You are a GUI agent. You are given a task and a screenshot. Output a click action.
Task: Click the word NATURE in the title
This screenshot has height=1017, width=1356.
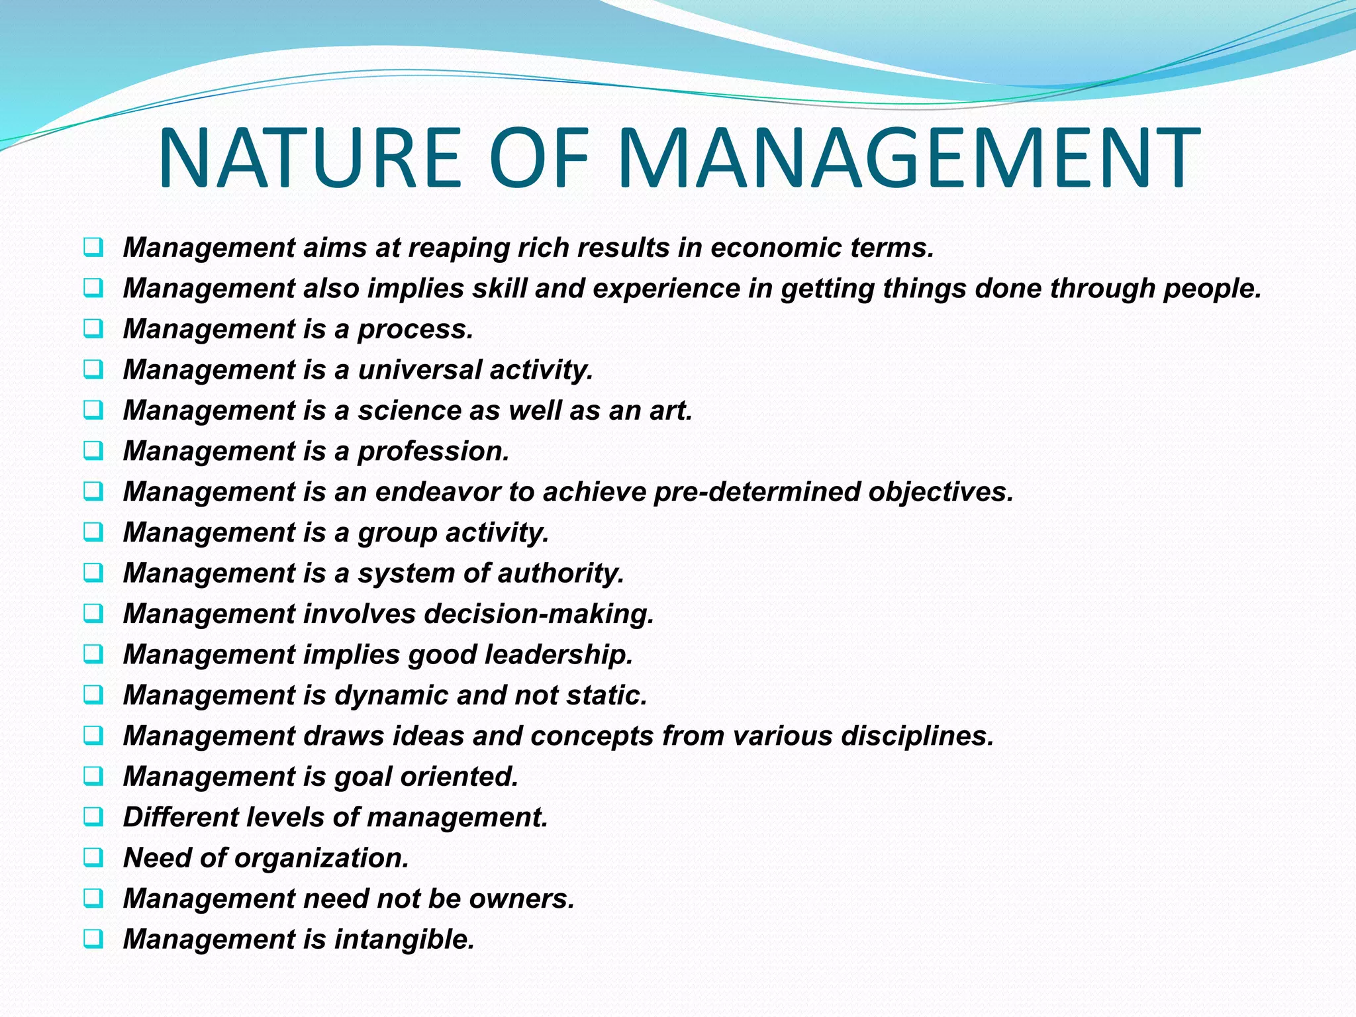pos(309,159)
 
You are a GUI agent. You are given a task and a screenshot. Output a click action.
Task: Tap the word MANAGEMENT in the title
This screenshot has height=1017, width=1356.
pos(908,159)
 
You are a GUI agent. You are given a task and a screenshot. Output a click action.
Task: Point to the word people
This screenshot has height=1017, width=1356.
pos(1212,289)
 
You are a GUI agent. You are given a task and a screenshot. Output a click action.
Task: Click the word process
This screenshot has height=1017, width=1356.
pos(415,330)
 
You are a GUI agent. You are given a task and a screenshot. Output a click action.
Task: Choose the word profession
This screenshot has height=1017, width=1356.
pos(433,452)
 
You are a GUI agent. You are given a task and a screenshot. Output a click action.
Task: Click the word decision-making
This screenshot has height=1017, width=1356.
pos(539,614)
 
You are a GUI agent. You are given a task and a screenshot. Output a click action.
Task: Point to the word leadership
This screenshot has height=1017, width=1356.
pos(559,655)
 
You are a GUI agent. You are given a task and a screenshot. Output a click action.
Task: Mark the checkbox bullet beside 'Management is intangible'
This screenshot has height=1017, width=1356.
pos(93,938)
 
